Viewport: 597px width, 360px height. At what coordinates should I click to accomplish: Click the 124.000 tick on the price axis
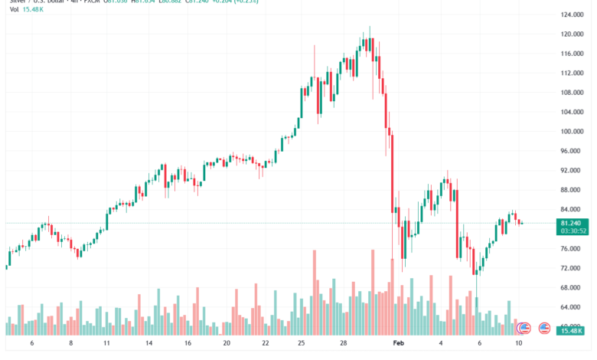(569, 15)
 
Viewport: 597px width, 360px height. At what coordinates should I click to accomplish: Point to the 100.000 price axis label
(569, 132)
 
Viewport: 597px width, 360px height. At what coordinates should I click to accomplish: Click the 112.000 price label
(569, 74)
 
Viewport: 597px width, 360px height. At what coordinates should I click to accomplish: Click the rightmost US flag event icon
(545, 328)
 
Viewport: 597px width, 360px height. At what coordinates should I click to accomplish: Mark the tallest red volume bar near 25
(314, 292)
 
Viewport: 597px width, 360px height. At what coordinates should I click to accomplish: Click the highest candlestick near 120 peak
(370, 42)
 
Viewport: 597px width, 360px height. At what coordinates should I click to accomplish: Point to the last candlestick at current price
(521, 223)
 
